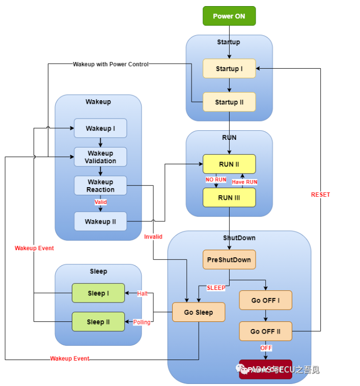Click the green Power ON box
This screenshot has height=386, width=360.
pyautogui.click(x=229, y=16)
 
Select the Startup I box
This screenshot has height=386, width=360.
pyautogui.click(x=229, y=69)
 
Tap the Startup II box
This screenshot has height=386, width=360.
pyautogui.click(x=229, y=102)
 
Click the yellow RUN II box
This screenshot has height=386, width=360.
pyautogui.click(x=229, y=164)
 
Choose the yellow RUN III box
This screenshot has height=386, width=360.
pyautogui.click(x=229, y=197)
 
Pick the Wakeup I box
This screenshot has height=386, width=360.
pyautogui.click(x=100, y=128)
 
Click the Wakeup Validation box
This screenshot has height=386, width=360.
pyautogui.click(x=100, y=157)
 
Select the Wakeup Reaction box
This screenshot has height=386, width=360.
pyautogui.click(x=100, y=186)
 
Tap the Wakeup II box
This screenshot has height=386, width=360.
pyautogui.click(x=100, y=221)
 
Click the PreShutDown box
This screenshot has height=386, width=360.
pyautogui.click(x=229, y=259)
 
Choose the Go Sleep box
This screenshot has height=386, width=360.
pyautogui.click(x=199, y=312)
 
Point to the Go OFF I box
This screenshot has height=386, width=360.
pyautogui.click(x=265, y=300)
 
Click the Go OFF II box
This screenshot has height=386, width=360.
pyautogui.click(x=265, y=331)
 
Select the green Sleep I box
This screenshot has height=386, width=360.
pyautogui.click(x=98, y=293)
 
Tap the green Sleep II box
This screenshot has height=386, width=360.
pyautogui.click(x=98, y=321)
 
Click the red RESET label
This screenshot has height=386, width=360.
pyautogui.click(x=320, y=194)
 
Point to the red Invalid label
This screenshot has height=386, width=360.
pyautogui.click(x=153, y=236)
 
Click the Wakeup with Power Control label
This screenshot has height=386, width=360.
pyautogui.click(x=110, y=64)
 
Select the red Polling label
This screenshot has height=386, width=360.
pyautogui.click(x=142, y=322)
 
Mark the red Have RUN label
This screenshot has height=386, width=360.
pyautogui.click(x=245, y=182)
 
